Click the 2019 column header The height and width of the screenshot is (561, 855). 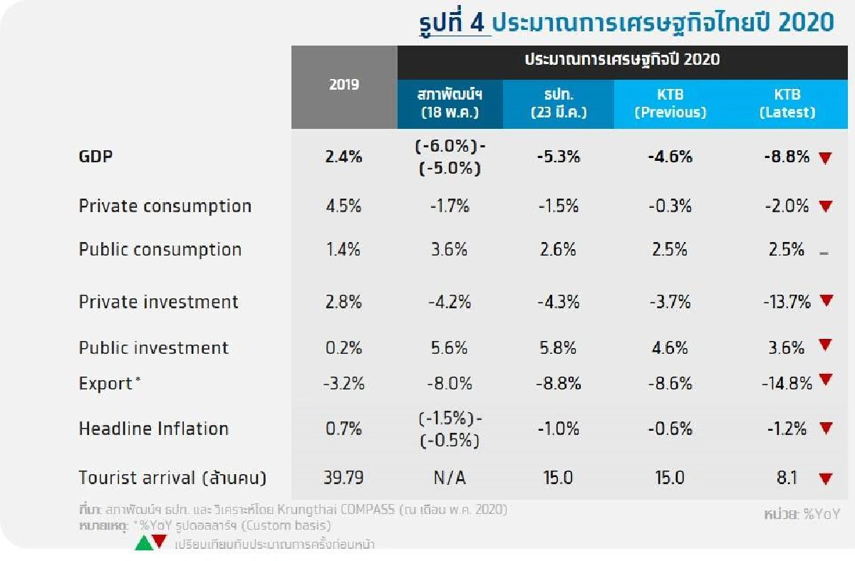(344, 85)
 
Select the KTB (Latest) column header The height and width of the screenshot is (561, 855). (787, 104)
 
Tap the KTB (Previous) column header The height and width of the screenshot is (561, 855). (670, 104)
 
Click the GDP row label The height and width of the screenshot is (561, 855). (95, 157)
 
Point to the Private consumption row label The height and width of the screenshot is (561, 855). (165, 206)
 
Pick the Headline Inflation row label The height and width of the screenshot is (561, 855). (153, 429)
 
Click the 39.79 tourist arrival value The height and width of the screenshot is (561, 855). (344, 478)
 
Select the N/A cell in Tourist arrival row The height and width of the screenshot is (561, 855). (450, 478)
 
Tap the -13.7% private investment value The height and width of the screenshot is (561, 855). (786, 302)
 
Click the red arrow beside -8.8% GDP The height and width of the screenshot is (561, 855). (825, 158)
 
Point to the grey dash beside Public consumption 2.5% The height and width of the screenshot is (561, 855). (824, 253)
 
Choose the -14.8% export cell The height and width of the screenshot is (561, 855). (787, 384)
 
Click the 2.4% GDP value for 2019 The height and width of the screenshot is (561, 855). (344, 157)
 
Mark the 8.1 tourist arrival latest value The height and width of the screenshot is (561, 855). (787, 478)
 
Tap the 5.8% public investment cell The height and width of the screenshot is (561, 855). (558, 348)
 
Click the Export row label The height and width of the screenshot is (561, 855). (106, 384)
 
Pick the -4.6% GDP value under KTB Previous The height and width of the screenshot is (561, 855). (670, 157)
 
